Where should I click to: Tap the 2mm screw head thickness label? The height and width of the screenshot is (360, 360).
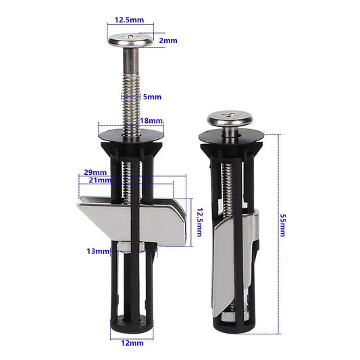[168, 41]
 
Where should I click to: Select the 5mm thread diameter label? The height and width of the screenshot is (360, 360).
[153, 97]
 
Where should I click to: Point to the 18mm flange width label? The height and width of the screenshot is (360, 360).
[151, 120]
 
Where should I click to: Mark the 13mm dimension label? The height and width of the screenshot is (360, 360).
[98, 251]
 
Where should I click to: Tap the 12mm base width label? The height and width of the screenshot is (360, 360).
[133, 344]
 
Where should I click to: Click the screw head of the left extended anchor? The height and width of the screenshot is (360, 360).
[130, 40]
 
